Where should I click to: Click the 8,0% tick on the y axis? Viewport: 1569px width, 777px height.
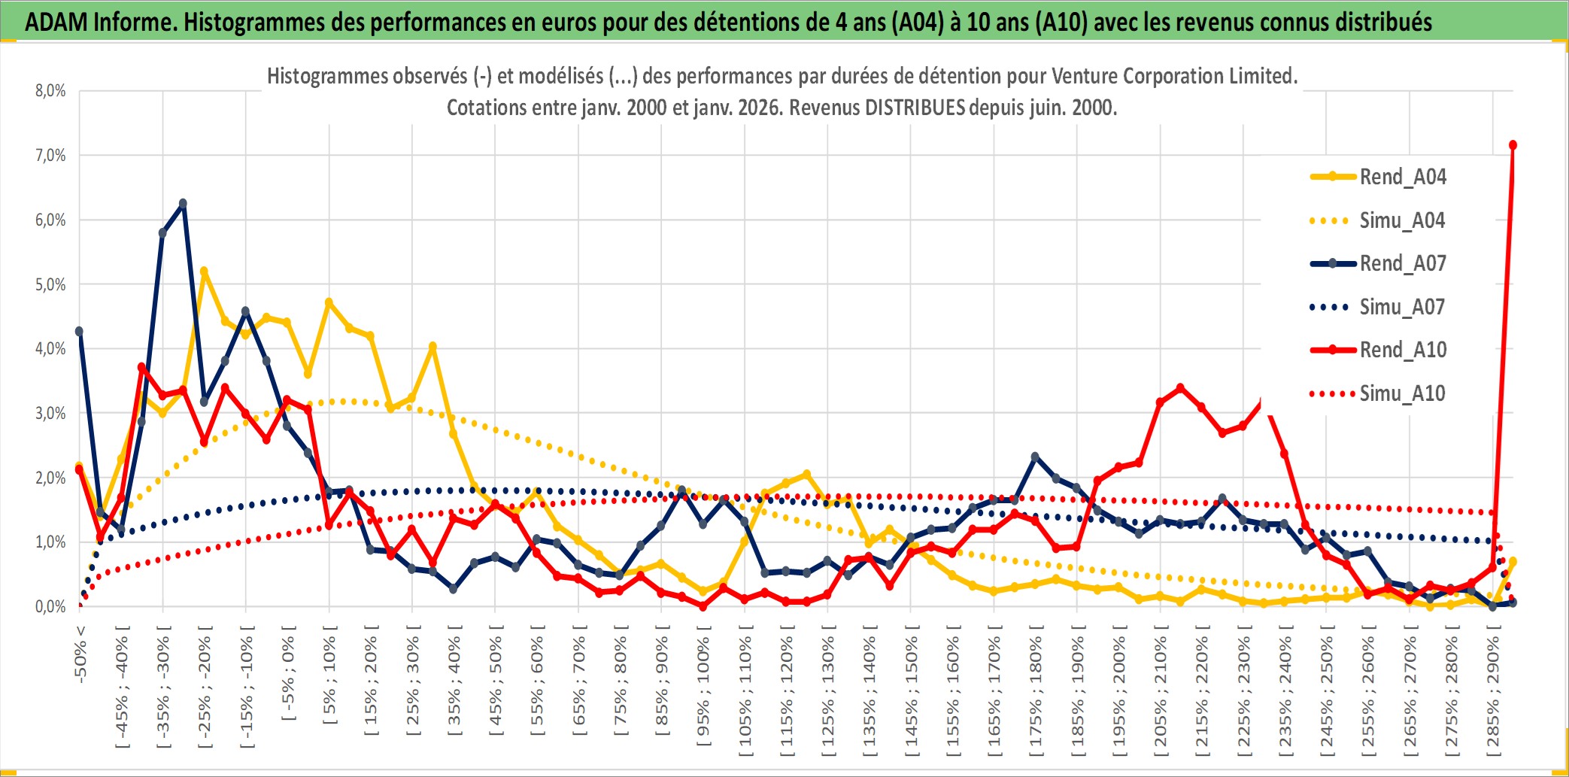coord(50,91)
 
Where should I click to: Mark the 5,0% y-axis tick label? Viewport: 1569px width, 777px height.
coord(50,284)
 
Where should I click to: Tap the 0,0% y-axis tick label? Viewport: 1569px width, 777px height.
coord(50,606)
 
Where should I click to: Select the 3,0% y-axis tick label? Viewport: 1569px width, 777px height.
coord(50,413)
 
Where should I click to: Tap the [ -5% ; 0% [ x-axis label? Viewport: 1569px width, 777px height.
coord(288,674)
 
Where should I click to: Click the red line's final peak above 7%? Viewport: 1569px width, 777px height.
coord(1513,145)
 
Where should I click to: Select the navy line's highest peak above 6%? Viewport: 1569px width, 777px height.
coord(183,204)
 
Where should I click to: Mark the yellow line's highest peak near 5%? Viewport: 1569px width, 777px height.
coord(204,271)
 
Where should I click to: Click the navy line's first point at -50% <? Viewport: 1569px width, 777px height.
coord(80,331)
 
